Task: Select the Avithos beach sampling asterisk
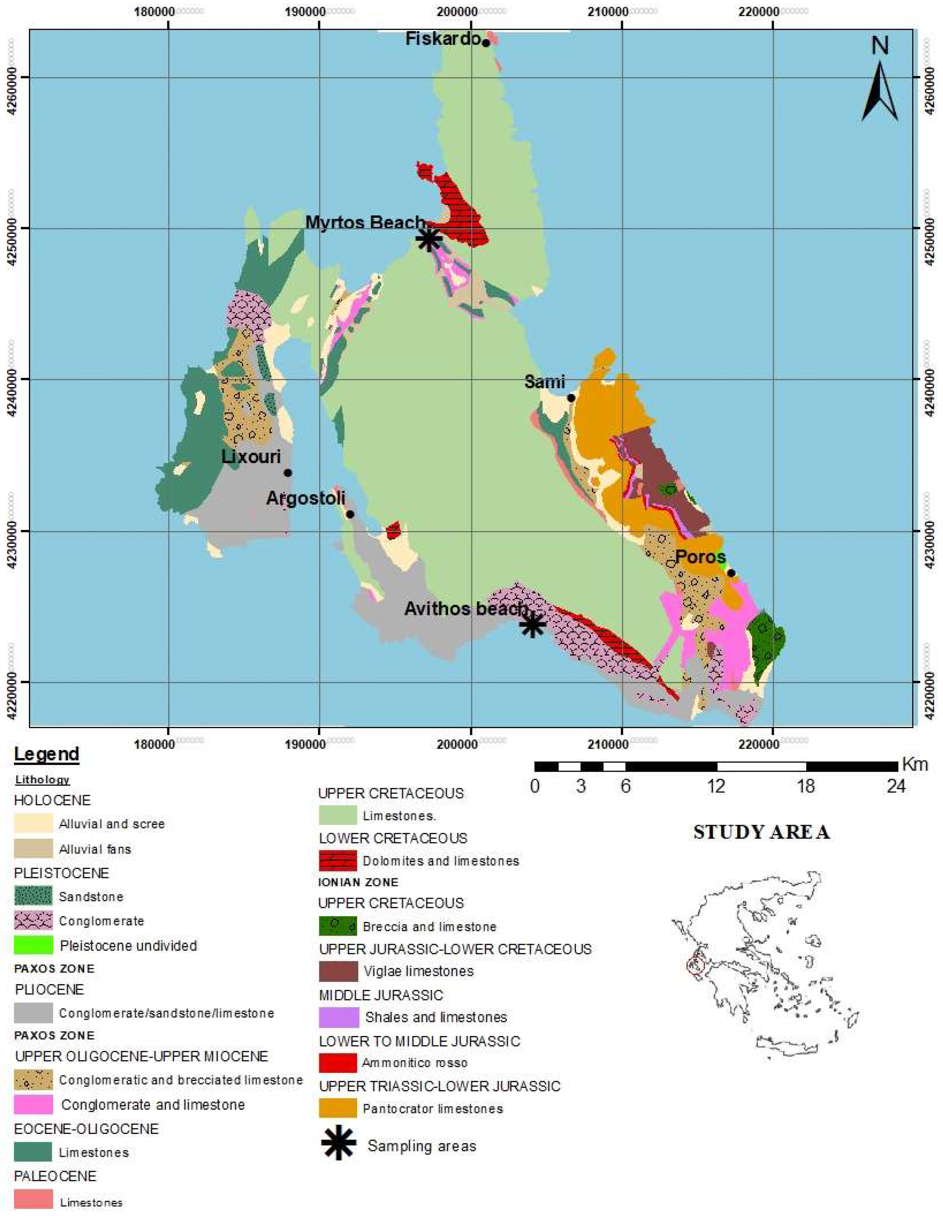click(x=532, y=625)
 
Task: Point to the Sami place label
click(x=545, y=382)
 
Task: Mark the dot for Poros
click(x=731, y=573)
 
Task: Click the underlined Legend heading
click(x=47, y=754)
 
